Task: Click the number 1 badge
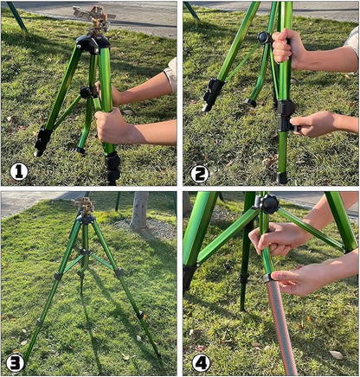tap(18, 172)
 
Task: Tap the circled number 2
tap(199, 173)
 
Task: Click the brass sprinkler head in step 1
tap(93, 16)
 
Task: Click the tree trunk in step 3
tap(138, 210)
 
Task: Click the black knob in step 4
tap(269, 204)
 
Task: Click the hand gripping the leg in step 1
tap(112, 126)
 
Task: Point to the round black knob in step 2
tap(263, 38)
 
